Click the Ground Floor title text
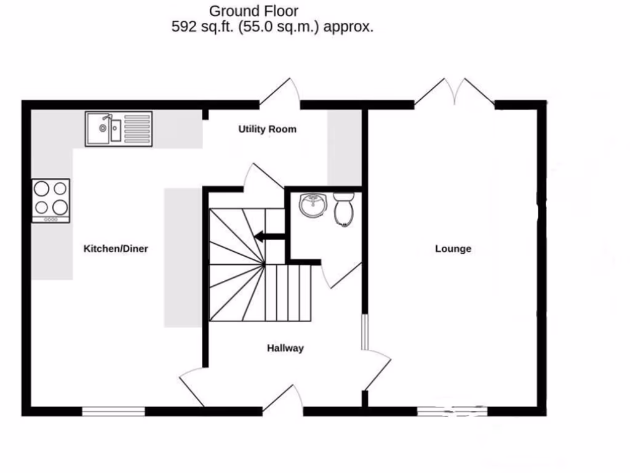pyautogui.click(x=253, y=10)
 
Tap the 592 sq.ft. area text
pyautogui.click(x=272, y=27)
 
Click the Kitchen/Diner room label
pyautogui.click(x=116, y=249)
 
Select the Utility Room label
pyautogui.click(x=268, y=129)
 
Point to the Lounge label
pyautogui.click(x=453, y=249)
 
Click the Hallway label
pyautogui.click(x=285, y=349)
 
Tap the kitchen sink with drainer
pyautogui.click(x=118, y=128)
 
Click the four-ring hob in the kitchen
pyautogui.click(x=50, y=200)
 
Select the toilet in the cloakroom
pyautogui.click(x=343, y=208)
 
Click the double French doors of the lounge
pyautogui.click(x=455, y=92)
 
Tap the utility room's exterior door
pyautogui.click(x=280, y=92)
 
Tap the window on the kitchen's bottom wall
pyautogui.click(x=113, y=411)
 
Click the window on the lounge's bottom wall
pyautogui.click(x=452, y=411)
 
